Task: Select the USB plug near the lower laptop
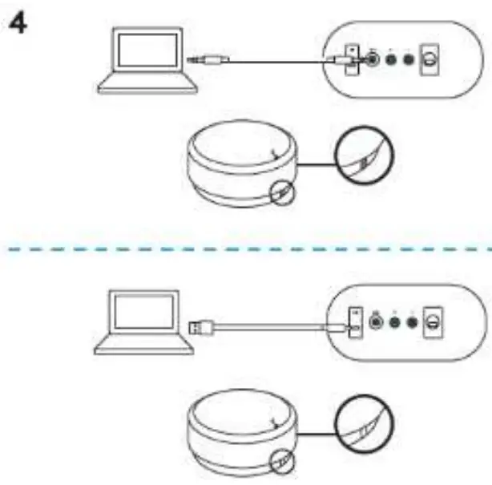click(x=200, y=326)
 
